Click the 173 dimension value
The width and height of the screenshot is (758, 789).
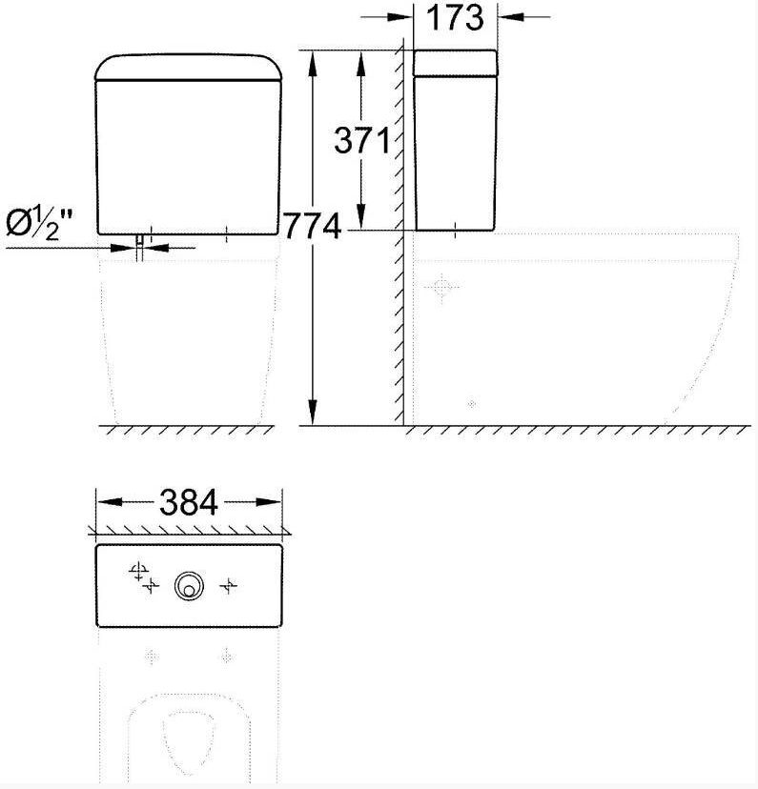455,17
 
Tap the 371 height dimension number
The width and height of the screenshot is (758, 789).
362,140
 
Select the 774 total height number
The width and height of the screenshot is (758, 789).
313,226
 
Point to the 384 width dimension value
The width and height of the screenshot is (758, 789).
189,502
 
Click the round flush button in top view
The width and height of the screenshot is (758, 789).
189,586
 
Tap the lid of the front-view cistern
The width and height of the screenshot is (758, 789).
189,68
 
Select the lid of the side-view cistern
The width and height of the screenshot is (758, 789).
455,63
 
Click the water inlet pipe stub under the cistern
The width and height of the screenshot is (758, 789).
140,248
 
